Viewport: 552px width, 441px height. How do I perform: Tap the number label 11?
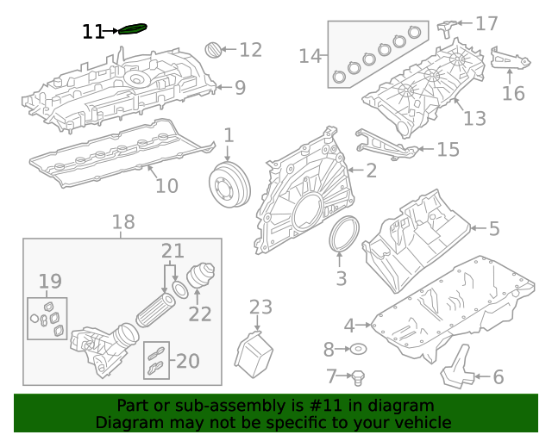click(92, 32)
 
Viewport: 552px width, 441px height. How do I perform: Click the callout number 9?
click(240, 87)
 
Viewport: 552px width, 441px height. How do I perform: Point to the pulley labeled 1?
click(229, 184)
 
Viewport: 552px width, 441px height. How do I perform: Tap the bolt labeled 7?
click(361, 376)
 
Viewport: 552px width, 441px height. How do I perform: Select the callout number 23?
click(260, 307)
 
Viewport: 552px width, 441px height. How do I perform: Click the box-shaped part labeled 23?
click(254, 353)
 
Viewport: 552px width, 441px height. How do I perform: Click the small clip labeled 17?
click(448, 26)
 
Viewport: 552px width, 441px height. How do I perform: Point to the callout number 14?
click(310, 57)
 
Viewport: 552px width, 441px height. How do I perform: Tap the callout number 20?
click(187, 361)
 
